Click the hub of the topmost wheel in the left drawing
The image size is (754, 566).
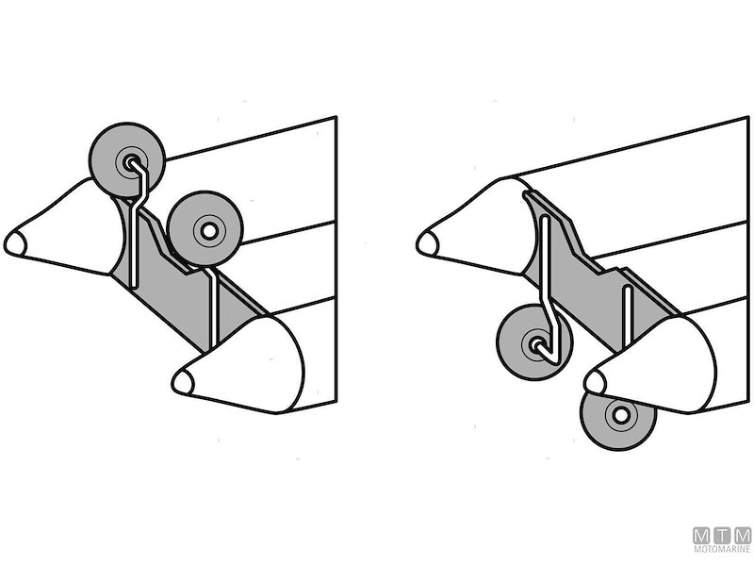[x=130, y=162]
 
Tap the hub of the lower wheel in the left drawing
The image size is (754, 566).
[x=208, y=231]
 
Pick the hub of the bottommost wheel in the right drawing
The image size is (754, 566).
[x=620, y=414]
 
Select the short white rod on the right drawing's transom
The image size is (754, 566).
[x=626, y=317]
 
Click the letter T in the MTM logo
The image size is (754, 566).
[x=722, y=536]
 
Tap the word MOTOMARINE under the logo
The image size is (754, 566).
[x=722, y=549]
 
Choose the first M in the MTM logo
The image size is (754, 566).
[x=702, y=536]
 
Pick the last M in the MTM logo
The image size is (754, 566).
[x=742, y=536]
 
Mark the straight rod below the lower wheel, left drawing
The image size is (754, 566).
[x=215, y=308]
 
